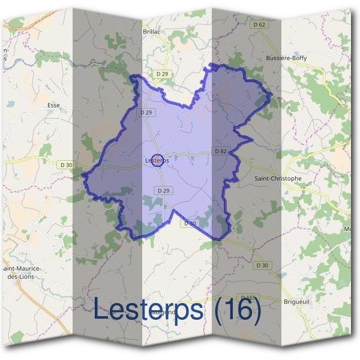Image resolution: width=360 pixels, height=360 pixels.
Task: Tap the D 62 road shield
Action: tap(259, 25)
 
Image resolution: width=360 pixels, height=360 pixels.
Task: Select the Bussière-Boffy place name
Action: tap(286, 58)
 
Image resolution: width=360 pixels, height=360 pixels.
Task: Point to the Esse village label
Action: tap(53, 104)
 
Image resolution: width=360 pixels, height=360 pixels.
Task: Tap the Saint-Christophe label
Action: tap(278, 178)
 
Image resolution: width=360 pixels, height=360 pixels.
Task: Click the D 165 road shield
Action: tap(248, 297)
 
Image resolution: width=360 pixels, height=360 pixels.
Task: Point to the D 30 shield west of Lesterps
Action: tap(66, 164)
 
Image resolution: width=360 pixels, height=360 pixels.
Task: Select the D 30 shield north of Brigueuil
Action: tap(262, 265)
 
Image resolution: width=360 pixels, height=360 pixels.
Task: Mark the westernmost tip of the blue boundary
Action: tap(82, 176)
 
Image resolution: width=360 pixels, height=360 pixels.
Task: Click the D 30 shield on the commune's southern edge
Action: tap(189, 223)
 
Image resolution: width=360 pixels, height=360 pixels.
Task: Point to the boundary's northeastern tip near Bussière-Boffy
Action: tap(272, 94)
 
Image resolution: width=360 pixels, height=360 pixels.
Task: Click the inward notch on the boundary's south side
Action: tap(174, 211)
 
